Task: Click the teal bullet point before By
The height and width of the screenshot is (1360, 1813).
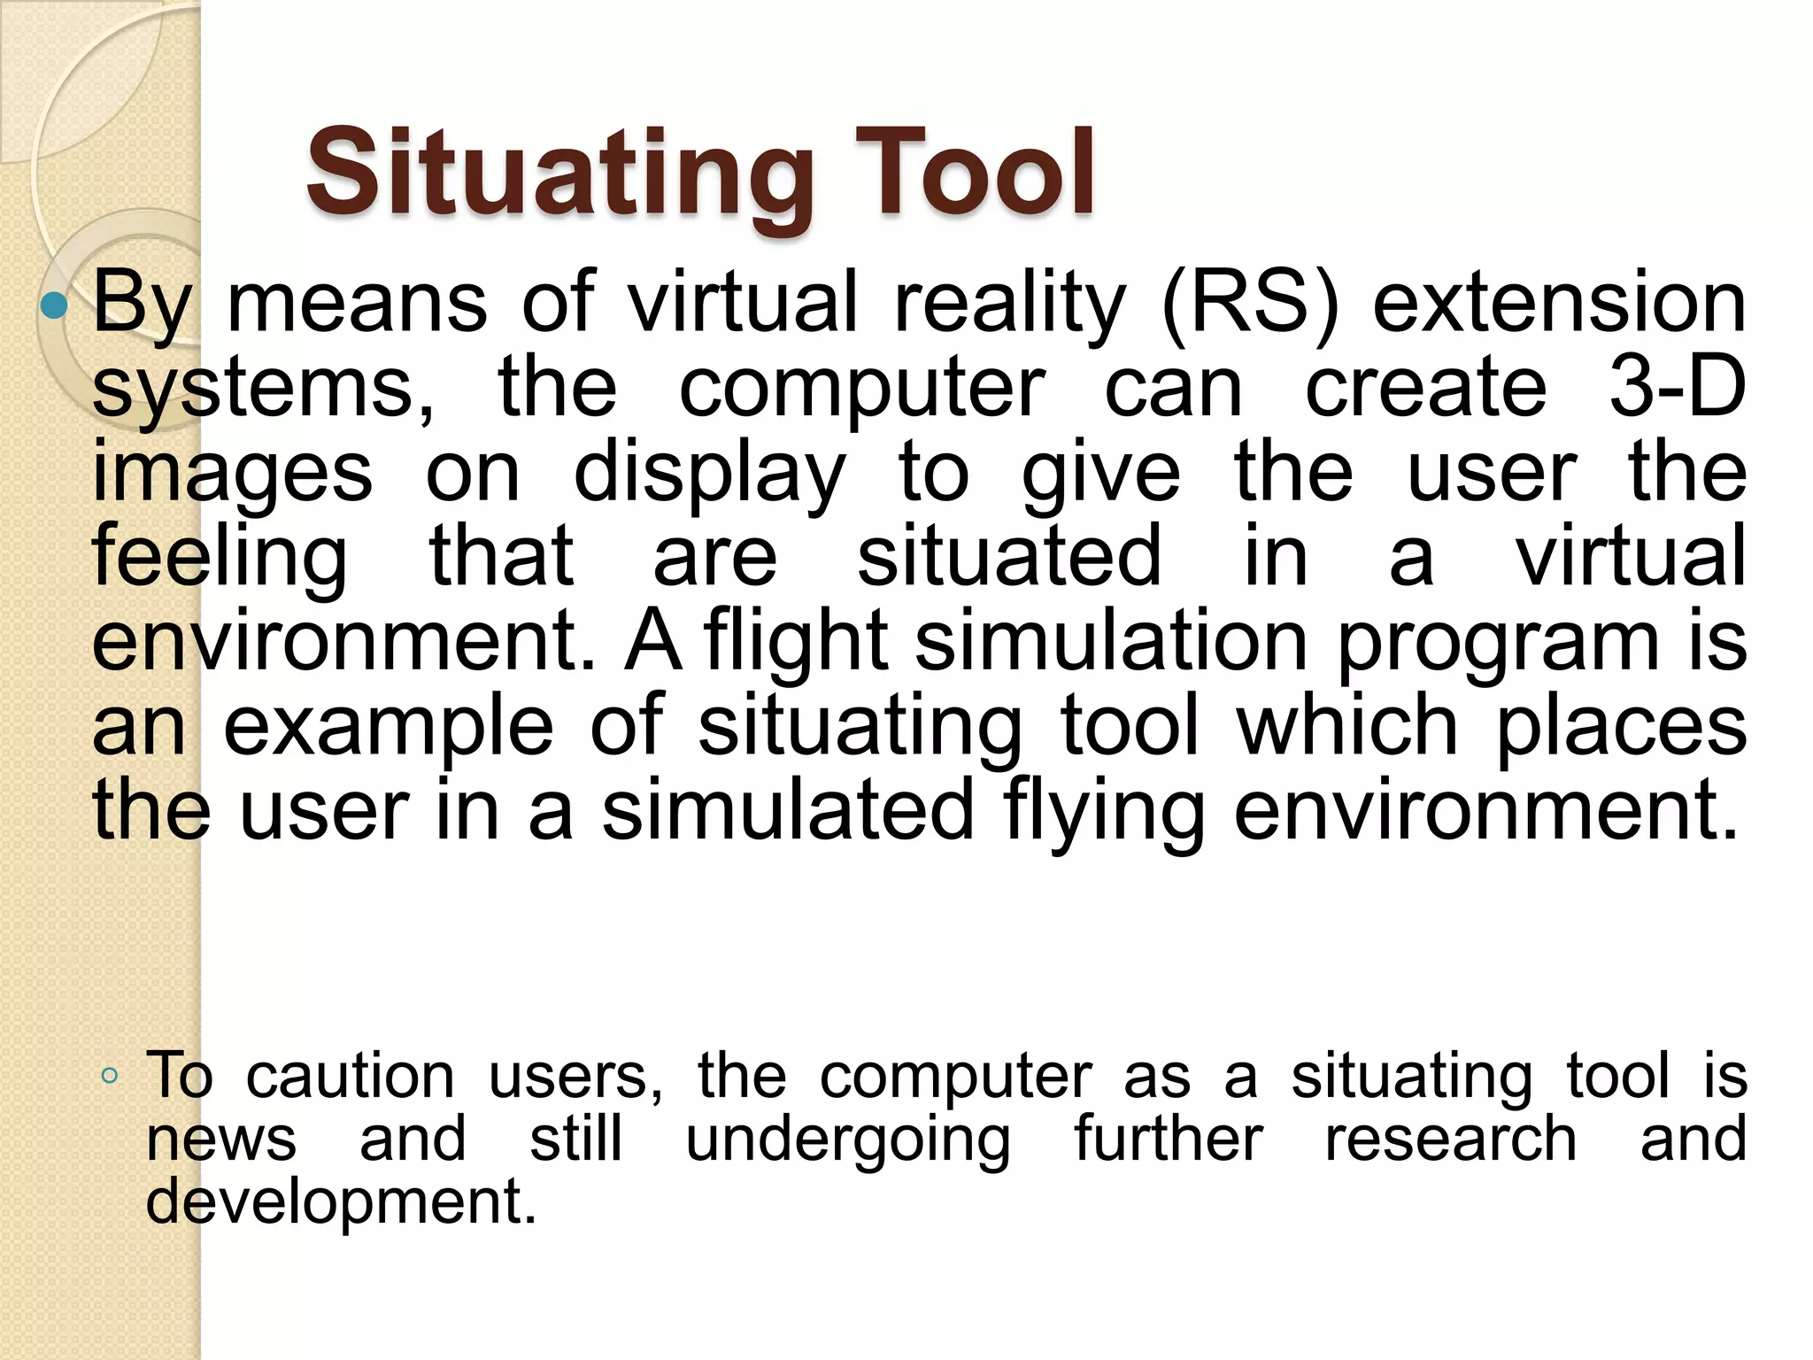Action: click(55, 306)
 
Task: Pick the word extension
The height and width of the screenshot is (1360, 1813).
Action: click(1559, 303)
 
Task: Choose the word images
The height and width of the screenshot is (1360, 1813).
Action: click(232, 473)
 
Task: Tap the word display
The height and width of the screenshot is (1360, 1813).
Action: click(709, 473)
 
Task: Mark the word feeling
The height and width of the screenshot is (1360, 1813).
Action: click(220, 558)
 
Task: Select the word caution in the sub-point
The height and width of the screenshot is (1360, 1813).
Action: click(350, 1077)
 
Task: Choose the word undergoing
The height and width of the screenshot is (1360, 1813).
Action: click(848, 1140)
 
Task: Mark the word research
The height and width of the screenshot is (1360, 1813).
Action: click(1451, 1139)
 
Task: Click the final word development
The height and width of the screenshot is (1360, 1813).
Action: click(341, 1202)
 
